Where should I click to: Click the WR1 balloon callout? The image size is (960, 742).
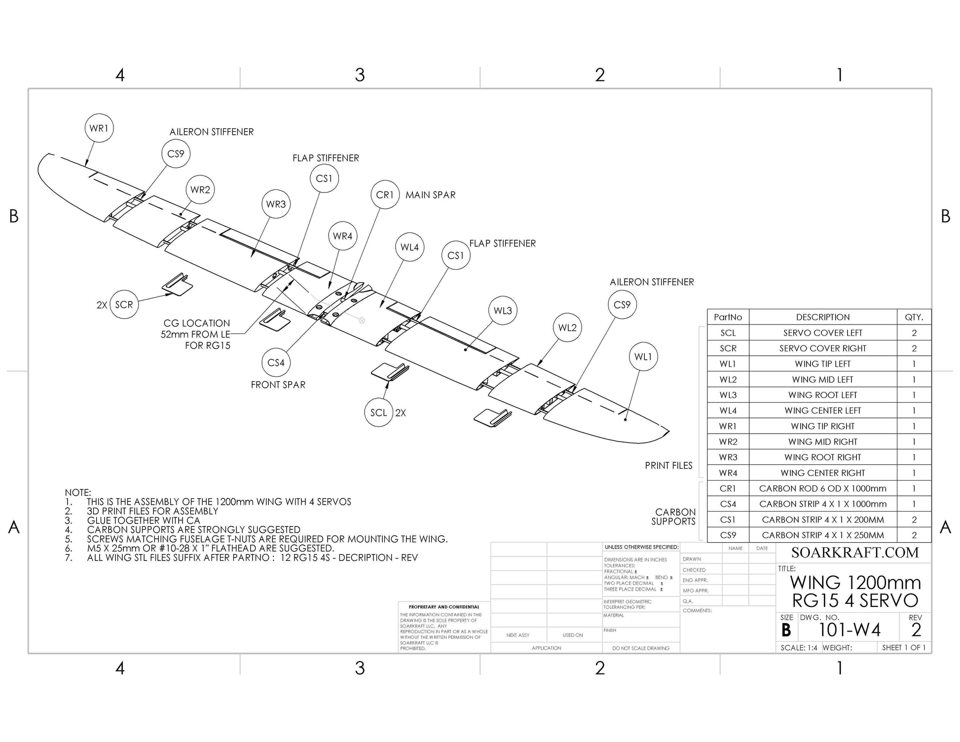tap(99, 128)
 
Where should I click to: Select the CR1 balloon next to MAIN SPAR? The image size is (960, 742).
tap(385, 195)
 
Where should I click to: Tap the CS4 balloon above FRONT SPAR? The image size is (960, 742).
tap(276, 363)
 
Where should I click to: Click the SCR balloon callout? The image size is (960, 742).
tap(124, 304)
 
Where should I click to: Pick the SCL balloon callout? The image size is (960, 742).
tap(378, 412)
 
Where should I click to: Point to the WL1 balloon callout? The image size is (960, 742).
tap(643, 357)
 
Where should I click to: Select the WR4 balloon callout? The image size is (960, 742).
tap(342, 236)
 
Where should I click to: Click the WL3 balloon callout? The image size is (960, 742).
tap(503, 310)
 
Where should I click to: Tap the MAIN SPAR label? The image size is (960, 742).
tap(430, 195)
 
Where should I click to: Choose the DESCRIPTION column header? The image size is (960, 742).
tap(822, 317)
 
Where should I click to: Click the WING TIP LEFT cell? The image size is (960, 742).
tap(822, 364)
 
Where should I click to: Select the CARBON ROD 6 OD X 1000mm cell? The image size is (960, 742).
tap(822, 488)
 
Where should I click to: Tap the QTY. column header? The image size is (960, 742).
tap(914, 317)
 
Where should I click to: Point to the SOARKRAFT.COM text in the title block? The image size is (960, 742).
tap(855, 553)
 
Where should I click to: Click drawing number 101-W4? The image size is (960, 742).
tap(849, 630)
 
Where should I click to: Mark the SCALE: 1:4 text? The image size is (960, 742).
tap(799, 648)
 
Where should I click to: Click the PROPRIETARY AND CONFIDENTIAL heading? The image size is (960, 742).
tap(444, 607)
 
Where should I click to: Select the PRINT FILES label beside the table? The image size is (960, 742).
tap(668, 466)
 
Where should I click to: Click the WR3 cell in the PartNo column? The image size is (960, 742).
tap(728, 457)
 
